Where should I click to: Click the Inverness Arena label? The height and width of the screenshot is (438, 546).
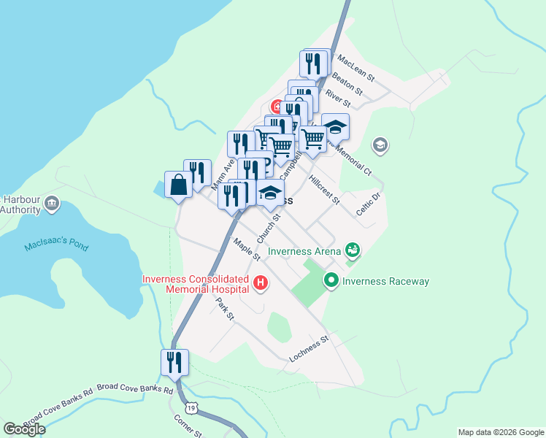coord(304,252)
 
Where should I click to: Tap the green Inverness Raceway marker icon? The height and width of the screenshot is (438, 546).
coord(331,280)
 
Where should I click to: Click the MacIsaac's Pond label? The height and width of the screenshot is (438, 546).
coord(56,245)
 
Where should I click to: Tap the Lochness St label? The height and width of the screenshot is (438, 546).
coord(309,347)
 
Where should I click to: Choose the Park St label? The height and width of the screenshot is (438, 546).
coord(224,308)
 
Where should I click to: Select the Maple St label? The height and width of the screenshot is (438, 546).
coord(247,249)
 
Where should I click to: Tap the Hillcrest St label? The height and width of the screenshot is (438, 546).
coord(324,189)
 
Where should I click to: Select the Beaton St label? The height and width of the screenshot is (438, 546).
coord(347,82)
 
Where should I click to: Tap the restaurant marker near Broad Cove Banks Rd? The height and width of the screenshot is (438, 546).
coord(174,362)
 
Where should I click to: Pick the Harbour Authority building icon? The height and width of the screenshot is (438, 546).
coord(51,204)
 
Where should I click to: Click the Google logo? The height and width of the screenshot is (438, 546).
coord(24,429)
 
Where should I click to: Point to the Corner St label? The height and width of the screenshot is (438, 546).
coord(188,426)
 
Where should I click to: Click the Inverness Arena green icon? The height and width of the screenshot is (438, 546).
coord(353,250)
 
